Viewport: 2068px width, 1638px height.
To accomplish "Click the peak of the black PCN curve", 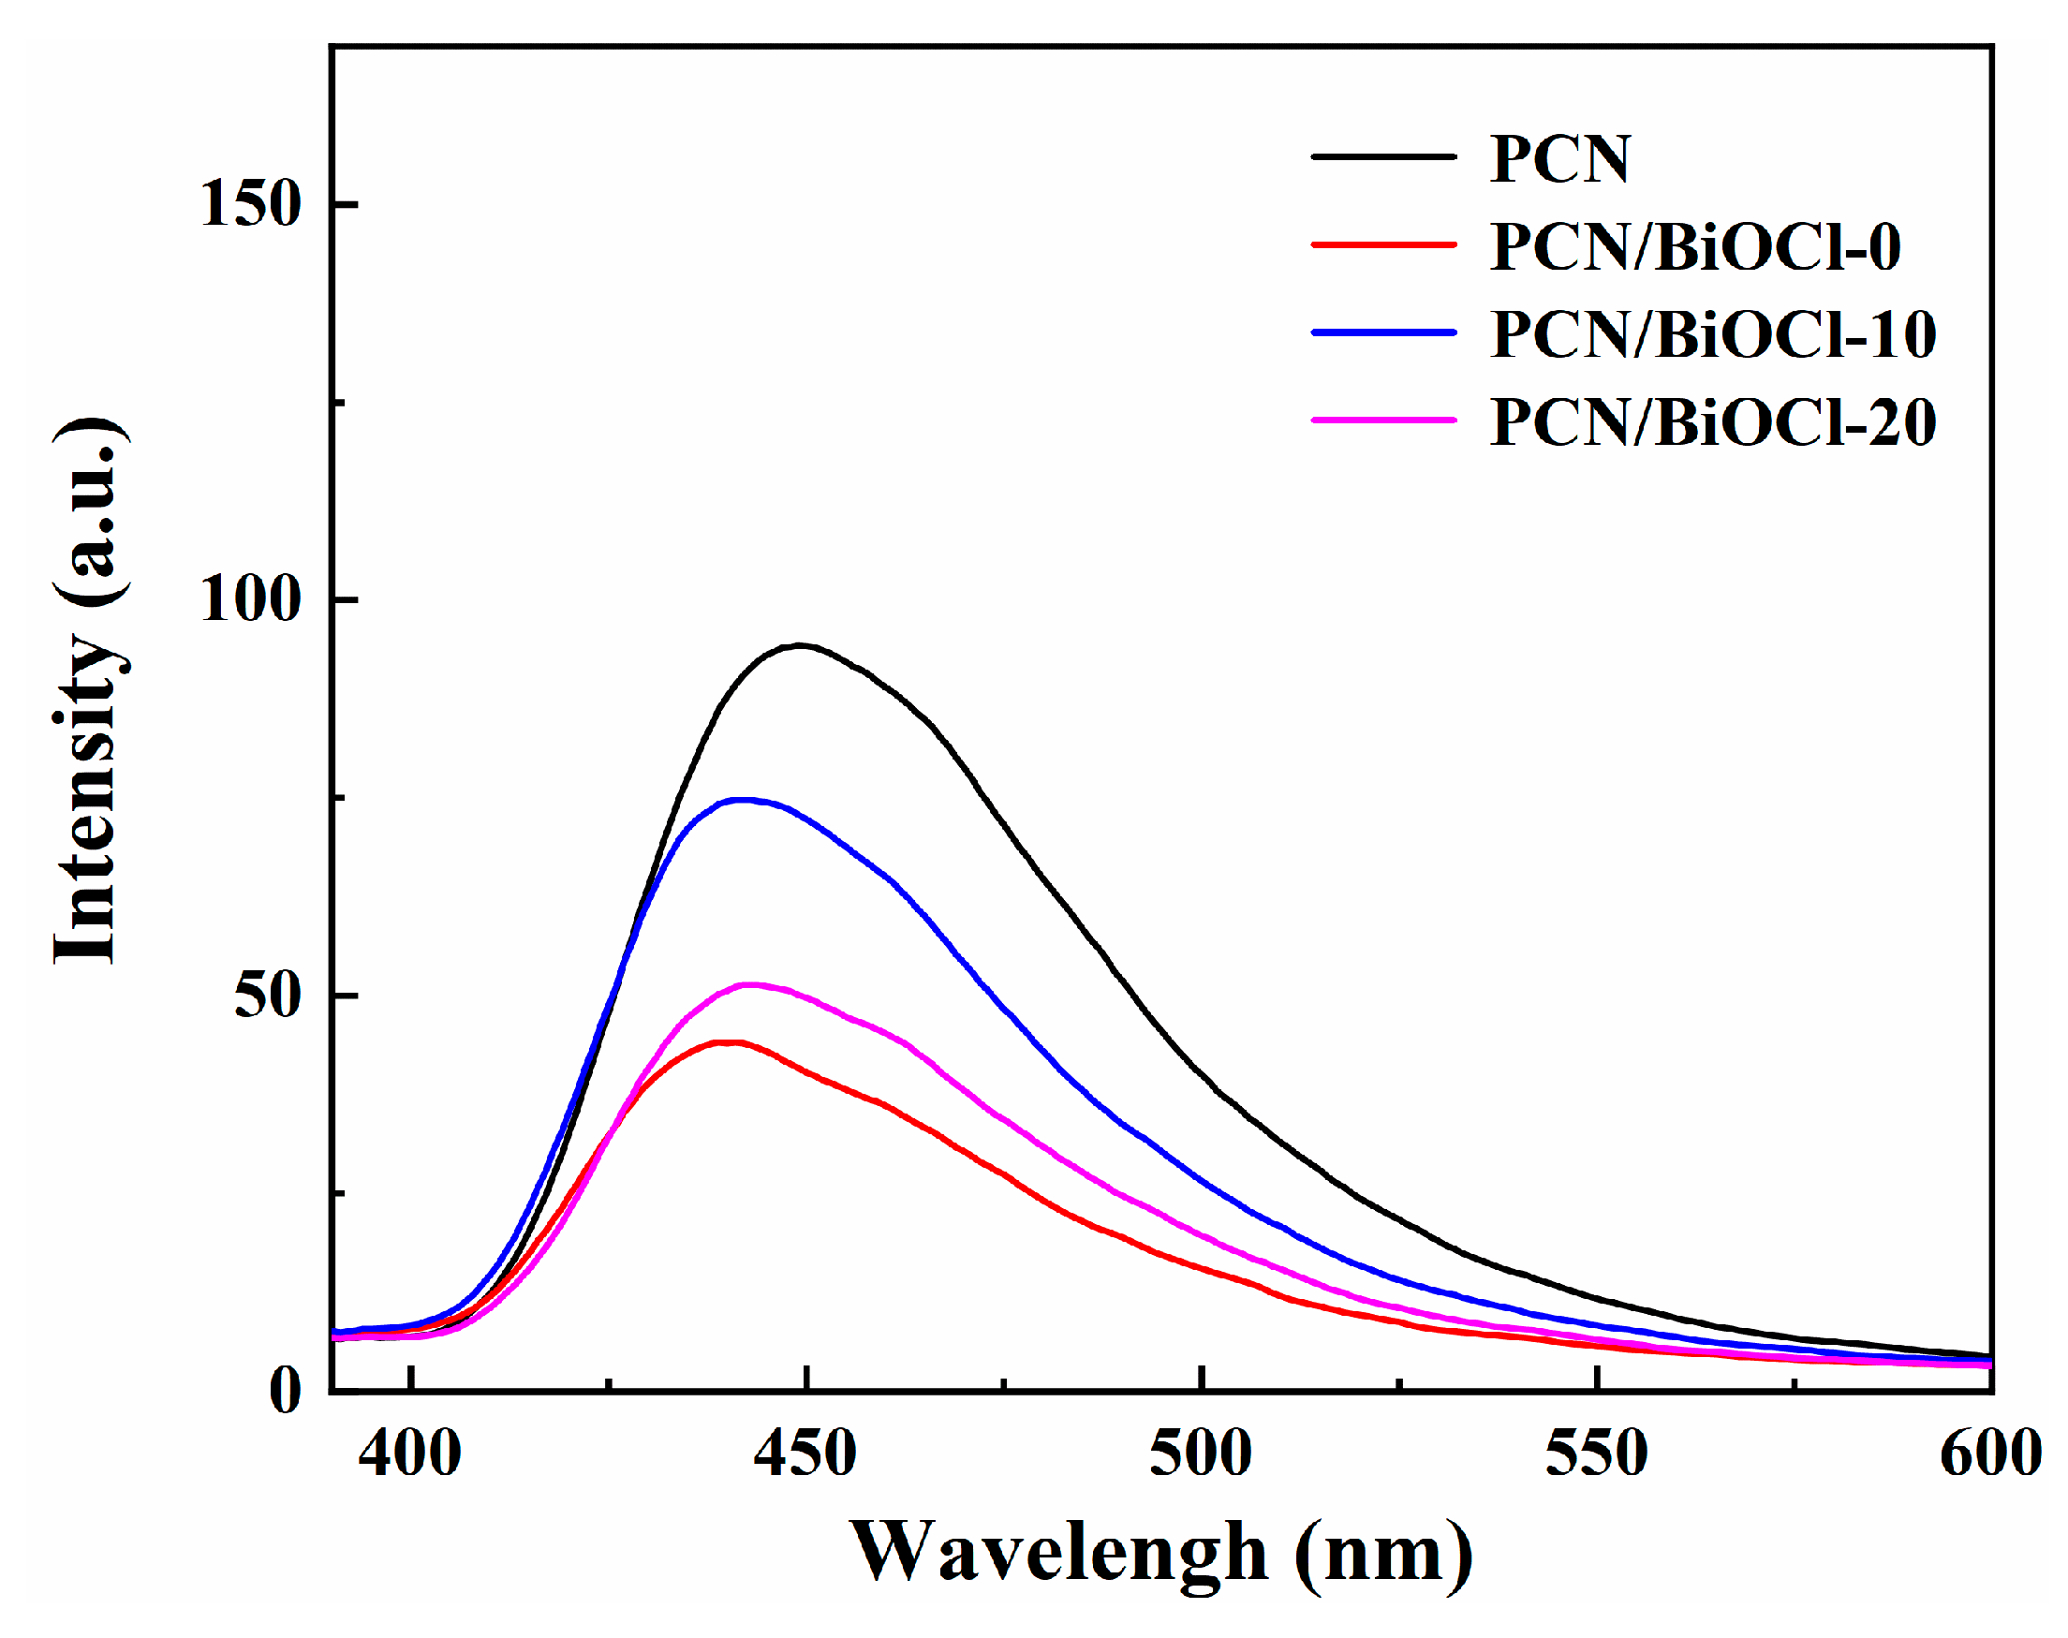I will (799, 645).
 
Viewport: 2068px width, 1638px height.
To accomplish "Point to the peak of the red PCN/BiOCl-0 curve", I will (729, 1041).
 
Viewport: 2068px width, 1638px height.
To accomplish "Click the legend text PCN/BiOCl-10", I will (1713, 334).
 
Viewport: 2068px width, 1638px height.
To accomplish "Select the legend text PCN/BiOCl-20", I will (1713, 422).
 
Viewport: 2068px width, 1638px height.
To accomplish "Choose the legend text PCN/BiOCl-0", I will (1695, 247).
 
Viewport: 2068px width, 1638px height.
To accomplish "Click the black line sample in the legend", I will (1384, 156).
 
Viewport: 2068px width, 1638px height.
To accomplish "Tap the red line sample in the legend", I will (1384, 244).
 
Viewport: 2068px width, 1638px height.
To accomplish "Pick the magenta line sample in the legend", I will (1384, 421).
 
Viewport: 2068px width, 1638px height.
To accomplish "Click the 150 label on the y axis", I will (250, 203).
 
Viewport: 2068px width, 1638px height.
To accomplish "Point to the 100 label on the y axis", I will (250, 599).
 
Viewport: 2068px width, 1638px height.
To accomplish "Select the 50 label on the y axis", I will (268, 996).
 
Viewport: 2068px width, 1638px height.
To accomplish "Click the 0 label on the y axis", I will (285, 1391).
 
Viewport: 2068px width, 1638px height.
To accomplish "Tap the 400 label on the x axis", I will (409, 1453).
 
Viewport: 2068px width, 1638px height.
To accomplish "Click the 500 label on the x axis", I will (1201, 1453).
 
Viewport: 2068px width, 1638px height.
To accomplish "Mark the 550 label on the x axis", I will (1596, 1453).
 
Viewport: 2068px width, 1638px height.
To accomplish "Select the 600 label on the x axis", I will (1990, 1453).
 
